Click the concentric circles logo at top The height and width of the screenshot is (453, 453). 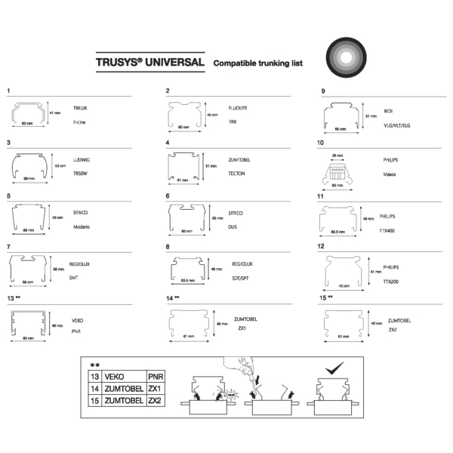tap(348, 59)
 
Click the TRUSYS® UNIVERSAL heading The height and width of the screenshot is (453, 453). tap(150, 63)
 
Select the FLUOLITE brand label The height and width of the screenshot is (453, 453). tap(239, 109)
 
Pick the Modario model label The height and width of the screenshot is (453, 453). tap(82, 226)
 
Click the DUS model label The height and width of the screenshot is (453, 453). tap(233, 226)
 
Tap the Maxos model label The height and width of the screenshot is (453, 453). tap(390, 173)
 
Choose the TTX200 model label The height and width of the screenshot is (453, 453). tap(390, 282)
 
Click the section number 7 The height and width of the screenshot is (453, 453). tap(8, 247)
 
